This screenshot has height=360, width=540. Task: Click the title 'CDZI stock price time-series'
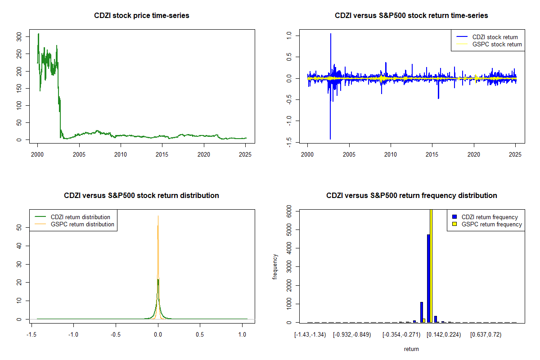point(142,16)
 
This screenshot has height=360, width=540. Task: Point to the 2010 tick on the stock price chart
point(121,154)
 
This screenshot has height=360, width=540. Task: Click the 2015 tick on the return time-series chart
point(432,154)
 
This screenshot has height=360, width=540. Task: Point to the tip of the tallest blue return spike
point(331,34)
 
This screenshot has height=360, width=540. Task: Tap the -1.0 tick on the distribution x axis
point(73,334)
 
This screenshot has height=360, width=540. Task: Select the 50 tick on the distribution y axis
point(19,228)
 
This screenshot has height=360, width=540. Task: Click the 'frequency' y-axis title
point(275,266)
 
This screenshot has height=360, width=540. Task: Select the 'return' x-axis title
point(411,349)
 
